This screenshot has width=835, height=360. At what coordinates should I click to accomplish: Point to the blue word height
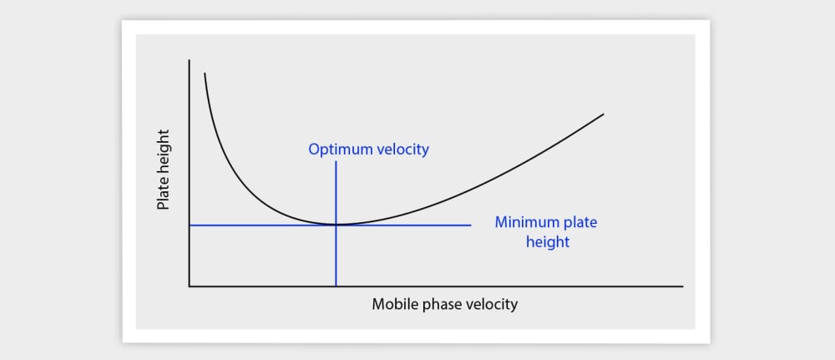tap(548, 242)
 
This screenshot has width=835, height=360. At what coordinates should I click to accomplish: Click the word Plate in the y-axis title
tap(163, 193)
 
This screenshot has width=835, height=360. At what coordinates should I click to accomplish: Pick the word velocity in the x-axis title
tap(491, 304)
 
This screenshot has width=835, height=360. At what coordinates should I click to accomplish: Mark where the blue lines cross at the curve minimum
tap(336, 226)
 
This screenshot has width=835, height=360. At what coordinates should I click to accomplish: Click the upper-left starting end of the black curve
tap(205, 74)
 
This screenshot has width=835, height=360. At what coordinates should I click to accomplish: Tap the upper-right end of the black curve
tap(604, 114)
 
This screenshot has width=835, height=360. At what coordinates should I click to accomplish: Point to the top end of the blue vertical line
tap(336, 162)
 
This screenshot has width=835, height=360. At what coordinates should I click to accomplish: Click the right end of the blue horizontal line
tap(471, 226)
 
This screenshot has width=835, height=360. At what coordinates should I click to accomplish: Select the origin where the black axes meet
tap(190, 286)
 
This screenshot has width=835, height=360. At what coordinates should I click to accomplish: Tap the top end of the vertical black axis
tap(190, 60)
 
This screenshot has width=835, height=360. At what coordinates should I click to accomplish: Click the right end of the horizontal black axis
tap(683, 286)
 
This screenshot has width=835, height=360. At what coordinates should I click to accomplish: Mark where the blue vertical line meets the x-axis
tap(336, 286)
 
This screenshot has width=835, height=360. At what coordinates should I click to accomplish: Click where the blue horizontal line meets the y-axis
tap(190, 226)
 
